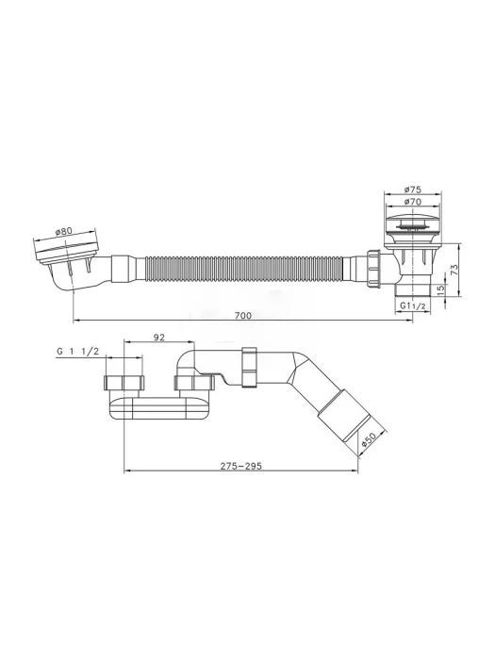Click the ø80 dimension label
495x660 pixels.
64,231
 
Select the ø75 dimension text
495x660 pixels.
413,190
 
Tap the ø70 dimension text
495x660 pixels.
413,202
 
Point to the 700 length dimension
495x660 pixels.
243,315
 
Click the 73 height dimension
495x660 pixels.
454,270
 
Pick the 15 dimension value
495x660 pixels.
440,290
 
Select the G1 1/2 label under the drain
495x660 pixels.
413,306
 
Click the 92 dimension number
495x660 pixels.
158,337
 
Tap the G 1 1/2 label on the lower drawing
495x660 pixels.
78,352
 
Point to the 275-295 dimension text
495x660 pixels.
241,466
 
